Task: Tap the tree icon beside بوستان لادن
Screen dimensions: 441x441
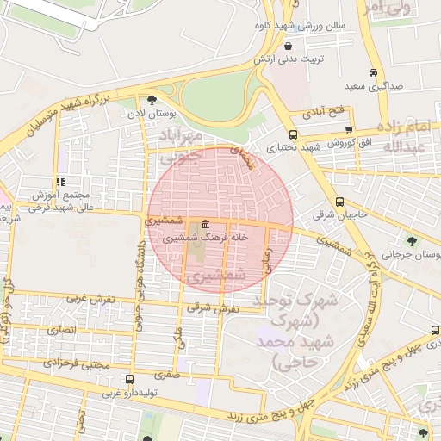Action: (152, 99)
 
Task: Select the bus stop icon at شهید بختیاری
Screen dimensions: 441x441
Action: (293, 134)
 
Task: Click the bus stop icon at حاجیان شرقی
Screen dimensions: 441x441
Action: (341, 202)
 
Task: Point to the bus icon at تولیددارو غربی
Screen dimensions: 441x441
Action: (129, 379)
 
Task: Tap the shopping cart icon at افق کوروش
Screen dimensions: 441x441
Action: (348, 129)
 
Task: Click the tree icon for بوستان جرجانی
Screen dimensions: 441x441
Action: (411, 240)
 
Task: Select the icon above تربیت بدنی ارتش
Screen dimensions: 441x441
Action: (287, 46)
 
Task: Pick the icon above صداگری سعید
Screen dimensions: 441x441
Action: (372, 73)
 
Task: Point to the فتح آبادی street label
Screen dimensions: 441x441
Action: (324, 112)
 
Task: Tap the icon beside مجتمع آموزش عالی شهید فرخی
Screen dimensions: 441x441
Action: (59, 182)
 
